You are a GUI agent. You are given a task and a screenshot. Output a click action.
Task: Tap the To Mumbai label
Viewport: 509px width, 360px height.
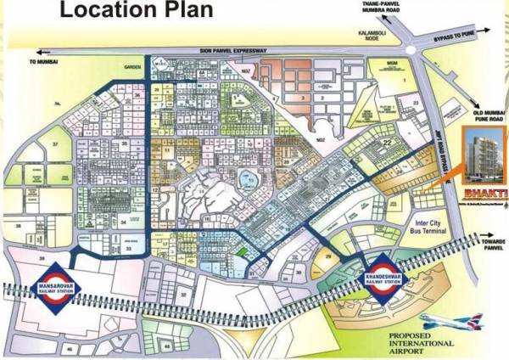42,62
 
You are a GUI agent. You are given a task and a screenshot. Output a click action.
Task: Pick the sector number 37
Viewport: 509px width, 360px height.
32,144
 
